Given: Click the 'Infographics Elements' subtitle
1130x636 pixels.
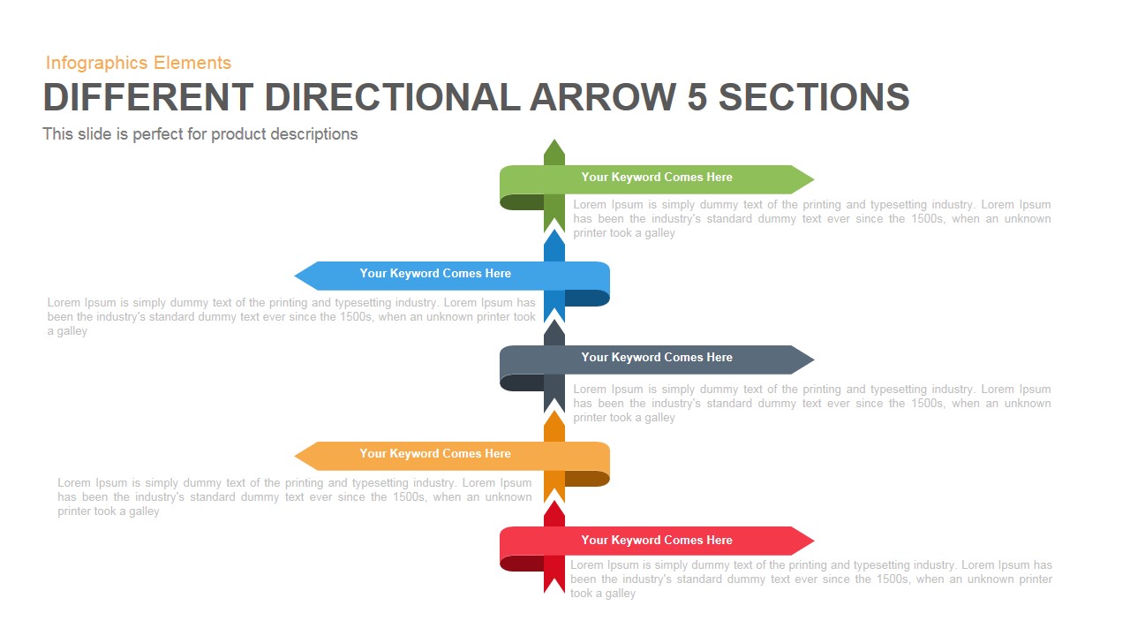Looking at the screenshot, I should (139, 63).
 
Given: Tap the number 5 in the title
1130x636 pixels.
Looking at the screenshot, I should (697, 97).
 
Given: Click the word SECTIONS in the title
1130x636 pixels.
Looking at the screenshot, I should (814, 97).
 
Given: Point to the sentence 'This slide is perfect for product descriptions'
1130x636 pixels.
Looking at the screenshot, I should (200, 134).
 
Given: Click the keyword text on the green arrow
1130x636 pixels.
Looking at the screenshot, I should (657, 178).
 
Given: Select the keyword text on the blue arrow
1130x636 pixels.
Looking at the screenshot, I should (435, 274).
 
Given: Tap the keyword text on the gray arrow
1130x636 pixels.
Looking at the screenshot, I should (657, 358).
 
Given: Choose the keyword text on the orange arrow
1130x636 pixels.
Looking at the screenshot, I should (435, 454).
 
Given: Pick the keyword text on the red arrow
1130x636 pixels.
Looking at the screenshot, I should (657, 541).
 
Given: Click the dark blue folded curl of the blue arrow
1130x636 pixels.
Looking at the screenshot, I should (588, 299).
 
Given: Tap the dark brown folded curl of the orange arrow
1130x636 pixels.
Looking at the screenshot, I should (588, 479).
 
